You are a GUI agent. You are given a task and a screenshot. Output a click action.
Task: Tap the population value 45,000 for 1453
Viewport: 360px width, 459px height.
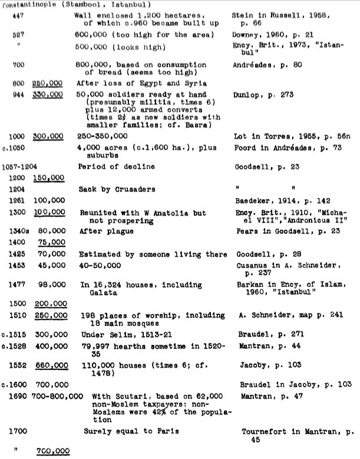(51, 266)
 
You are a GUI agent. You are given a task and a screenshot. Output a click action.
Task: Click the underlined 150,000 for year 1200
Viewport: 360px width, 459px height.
(48, 177)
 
